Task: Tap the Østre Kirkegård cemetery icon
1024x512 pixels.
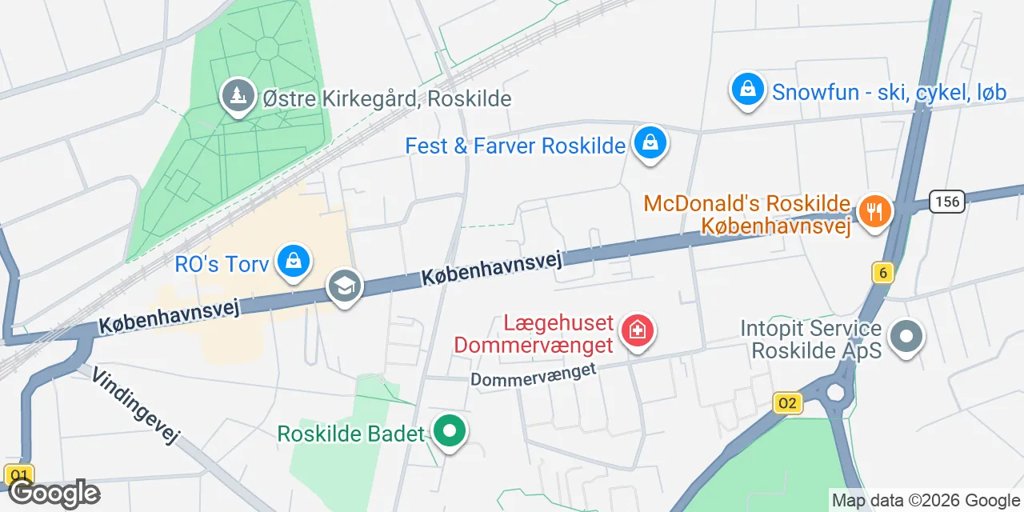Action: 237,97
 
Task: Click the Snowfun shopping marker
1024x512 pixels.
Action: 747,90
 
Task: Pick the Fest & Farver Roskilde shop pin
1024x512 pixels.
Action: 650,144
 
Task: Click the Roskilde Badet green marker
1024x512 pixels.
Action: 450,432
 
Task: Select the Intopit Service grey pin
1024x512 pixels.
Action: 906,337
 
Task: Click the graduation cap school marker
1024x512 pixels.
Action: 345,288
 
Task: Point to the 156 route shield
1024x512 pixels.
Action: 948,200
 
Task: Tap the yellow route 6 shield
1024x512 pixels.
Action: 883,274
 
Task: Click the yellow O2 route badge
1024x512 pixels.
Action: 788,403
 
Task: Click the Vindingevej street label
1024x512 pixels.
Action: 135,406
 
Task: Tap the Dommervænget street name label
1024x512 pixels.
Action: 534,374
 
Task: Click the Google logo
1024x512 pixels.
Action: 54,493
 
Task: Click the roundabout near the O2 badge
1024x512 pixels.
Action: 837,392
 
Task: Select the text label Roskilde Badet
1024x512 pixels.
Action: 350,434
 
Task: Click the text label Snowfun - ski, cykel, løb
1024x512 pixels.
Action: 889,93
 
